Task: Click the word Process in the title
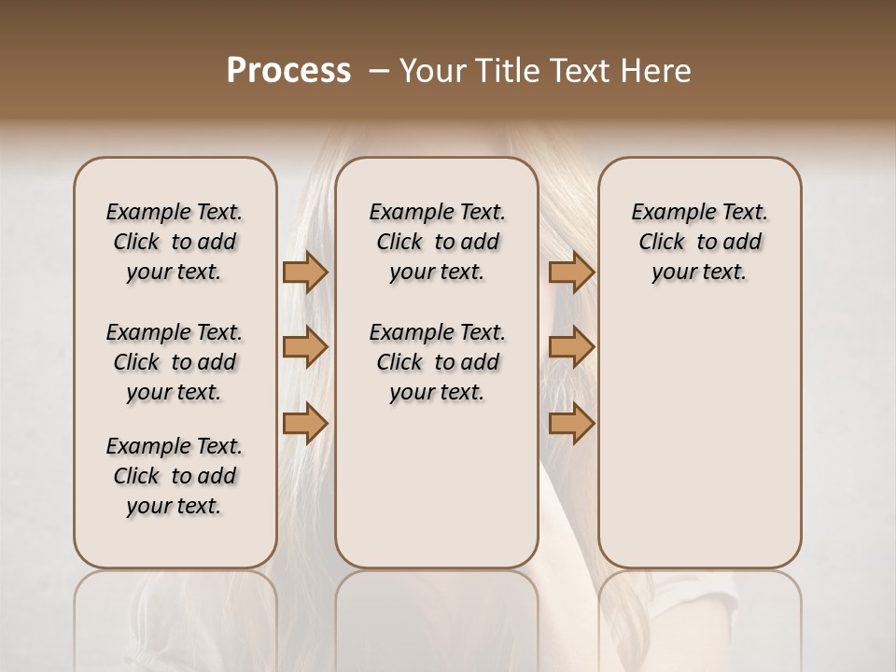click(288, 71)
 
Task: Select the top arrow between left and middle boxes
click(304, 272)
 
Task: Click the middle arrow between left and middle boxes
click(304, 347)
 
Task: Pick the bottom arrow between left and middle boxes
click(304, 423)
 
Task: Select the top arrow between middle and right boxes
click(571, 272)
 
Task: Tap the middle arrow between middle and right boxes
click(571, 347)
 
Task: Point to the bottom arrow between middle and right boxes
click(571, 423)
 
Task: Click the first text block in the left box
click(175, 242)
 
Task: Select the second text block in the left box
click(175, 362)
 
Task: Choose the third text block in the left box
click(175, 476)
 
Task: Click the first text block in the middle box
click(437, 242)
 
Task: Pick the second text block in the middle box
click(437, 362)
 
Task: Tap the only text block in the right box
click(699, 242)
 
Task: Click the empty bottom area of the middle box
click(437, 495)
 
